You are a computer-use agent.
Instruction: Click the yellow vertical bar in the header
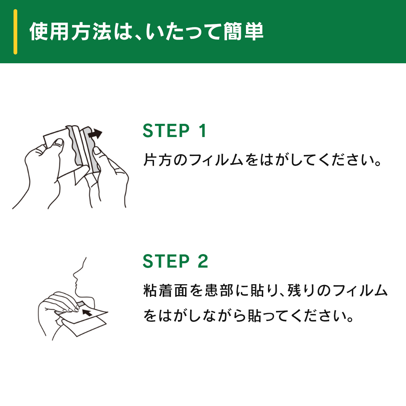click(15, 32)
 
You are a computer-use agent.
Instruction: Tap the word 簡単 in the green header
click(243, 31)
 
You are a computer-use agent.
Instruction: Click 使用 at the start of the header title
click(49, 31)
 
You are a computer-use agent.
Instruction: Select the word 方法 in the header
click(91, 31)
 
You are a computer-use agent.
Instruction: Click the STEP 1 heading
click(175, 131)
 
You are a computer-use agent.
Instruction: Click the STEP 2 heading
click(176, 261)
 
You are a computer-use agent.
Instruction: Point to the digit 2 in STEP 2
click(203, 261)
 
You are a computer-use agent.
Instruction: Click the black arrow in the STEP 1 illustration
click(95, 134)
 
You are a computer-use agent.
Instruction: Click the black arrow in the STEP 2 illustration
click(87, 313)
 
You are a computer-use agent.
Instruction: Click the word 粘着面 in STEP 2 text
click(165, 290)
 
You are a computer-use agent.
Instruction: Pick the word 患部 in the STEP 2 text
click(219, 290)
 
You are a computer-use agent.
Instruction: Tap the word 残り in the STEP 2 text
click(301, 290)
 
